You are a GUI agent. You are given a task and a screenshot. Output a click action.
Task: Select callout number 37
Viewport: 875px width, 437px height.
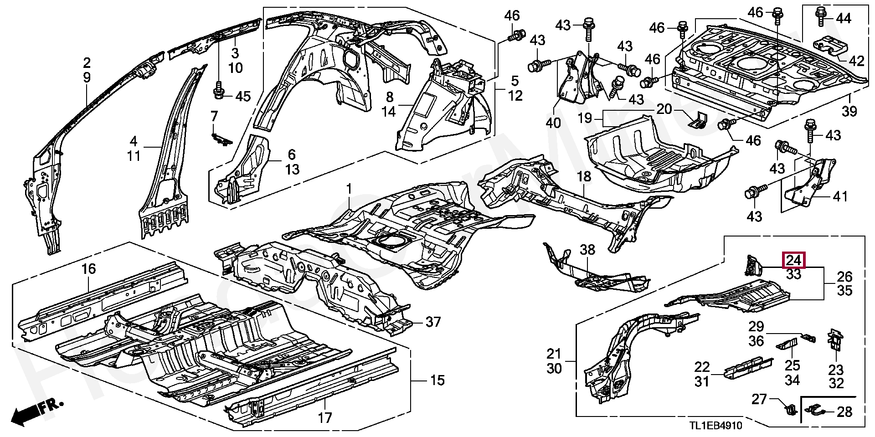433,322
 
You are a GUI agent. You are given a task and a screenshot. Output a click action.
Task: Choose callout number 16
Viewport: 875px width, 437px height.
89,269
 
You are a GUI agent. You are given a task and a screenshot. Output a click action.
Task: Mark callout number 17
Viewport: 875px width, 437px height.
325,417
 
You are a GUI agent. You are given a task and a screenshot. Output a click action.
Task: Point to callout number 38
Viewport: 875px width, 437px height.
587,250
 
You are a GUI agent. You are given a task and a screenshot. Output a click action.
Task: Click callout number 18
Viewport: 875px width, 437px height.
584,176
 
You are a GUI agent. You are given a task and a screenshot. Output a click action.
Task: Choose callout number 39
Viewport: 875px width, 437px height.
849,111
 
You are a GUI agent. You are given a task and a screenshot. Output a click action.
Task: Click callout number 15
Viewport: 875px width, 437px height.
437,380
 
